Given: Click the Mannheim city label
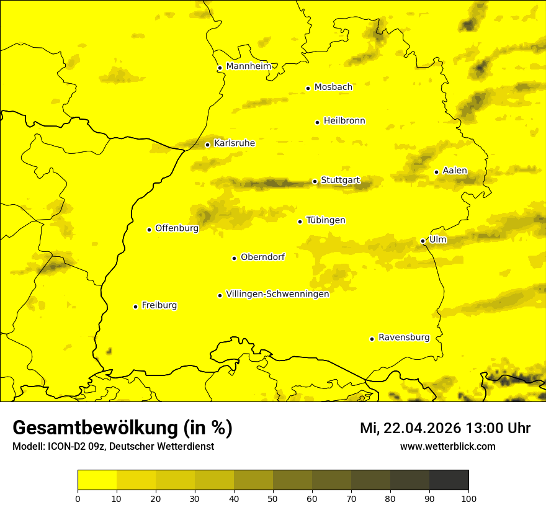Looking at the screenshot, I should pos(249,66).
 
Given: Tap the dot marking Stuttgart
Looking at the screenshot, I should pos(315,181).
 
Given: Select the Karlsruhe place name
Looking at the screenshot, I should pos(234,143).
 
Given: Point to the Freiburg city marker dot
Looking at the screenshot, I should pos(135,307).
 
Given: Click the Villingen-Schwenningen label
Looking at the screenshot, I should pos(277,294).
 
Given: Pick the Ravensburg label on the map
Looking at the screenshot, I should pos(404,338).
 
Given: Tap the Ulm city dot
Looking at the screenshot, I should pos(423,241).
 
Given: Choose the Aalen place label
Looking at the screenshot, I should pos(455,171).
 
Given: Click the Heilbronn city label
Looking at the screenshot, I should pos(344,121).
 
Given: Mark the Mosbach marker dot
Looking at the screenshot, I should pos(308,88).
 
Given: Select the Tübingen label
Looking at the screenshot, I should pos(326,220).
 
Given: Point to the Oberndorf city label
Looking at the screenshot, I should pos(262,257).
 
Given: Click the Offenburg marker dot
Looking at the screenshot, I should pos(149,230).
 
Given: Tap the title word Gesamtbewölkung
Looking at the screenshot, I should pos(93,428).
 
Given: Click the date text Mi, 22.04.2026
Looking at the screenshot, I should pos(409,428).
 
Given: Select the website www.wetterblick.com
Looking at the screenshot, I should pos(447,446).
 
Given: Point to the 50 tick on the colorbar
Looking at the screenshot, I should pos(273,498).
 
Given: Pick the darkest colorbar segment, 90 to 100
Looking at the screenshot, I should pos(449,480).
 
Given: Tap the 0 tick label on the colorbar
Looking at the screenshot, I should pos(78,498).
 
